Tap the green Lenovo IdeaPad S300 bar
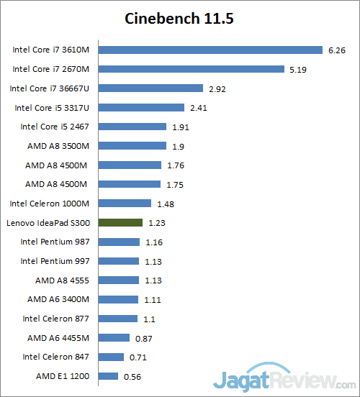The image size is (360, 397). [120, 223]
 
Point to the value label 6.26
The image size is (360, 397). [337, 50]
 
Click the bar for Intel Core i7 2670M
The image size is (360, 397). [191, 70]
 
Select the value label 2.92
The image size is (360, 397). [217, 89]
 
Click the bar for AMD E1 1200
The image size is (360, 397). [108, 376]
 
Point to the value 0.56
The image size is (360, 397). [132, 376]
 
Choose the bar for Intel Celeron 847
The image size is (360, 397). [111, 357]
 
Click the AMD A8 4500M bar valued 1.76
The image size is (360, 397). [130, 165]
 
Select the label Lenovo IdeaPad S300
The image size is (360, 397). [48, 223]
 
